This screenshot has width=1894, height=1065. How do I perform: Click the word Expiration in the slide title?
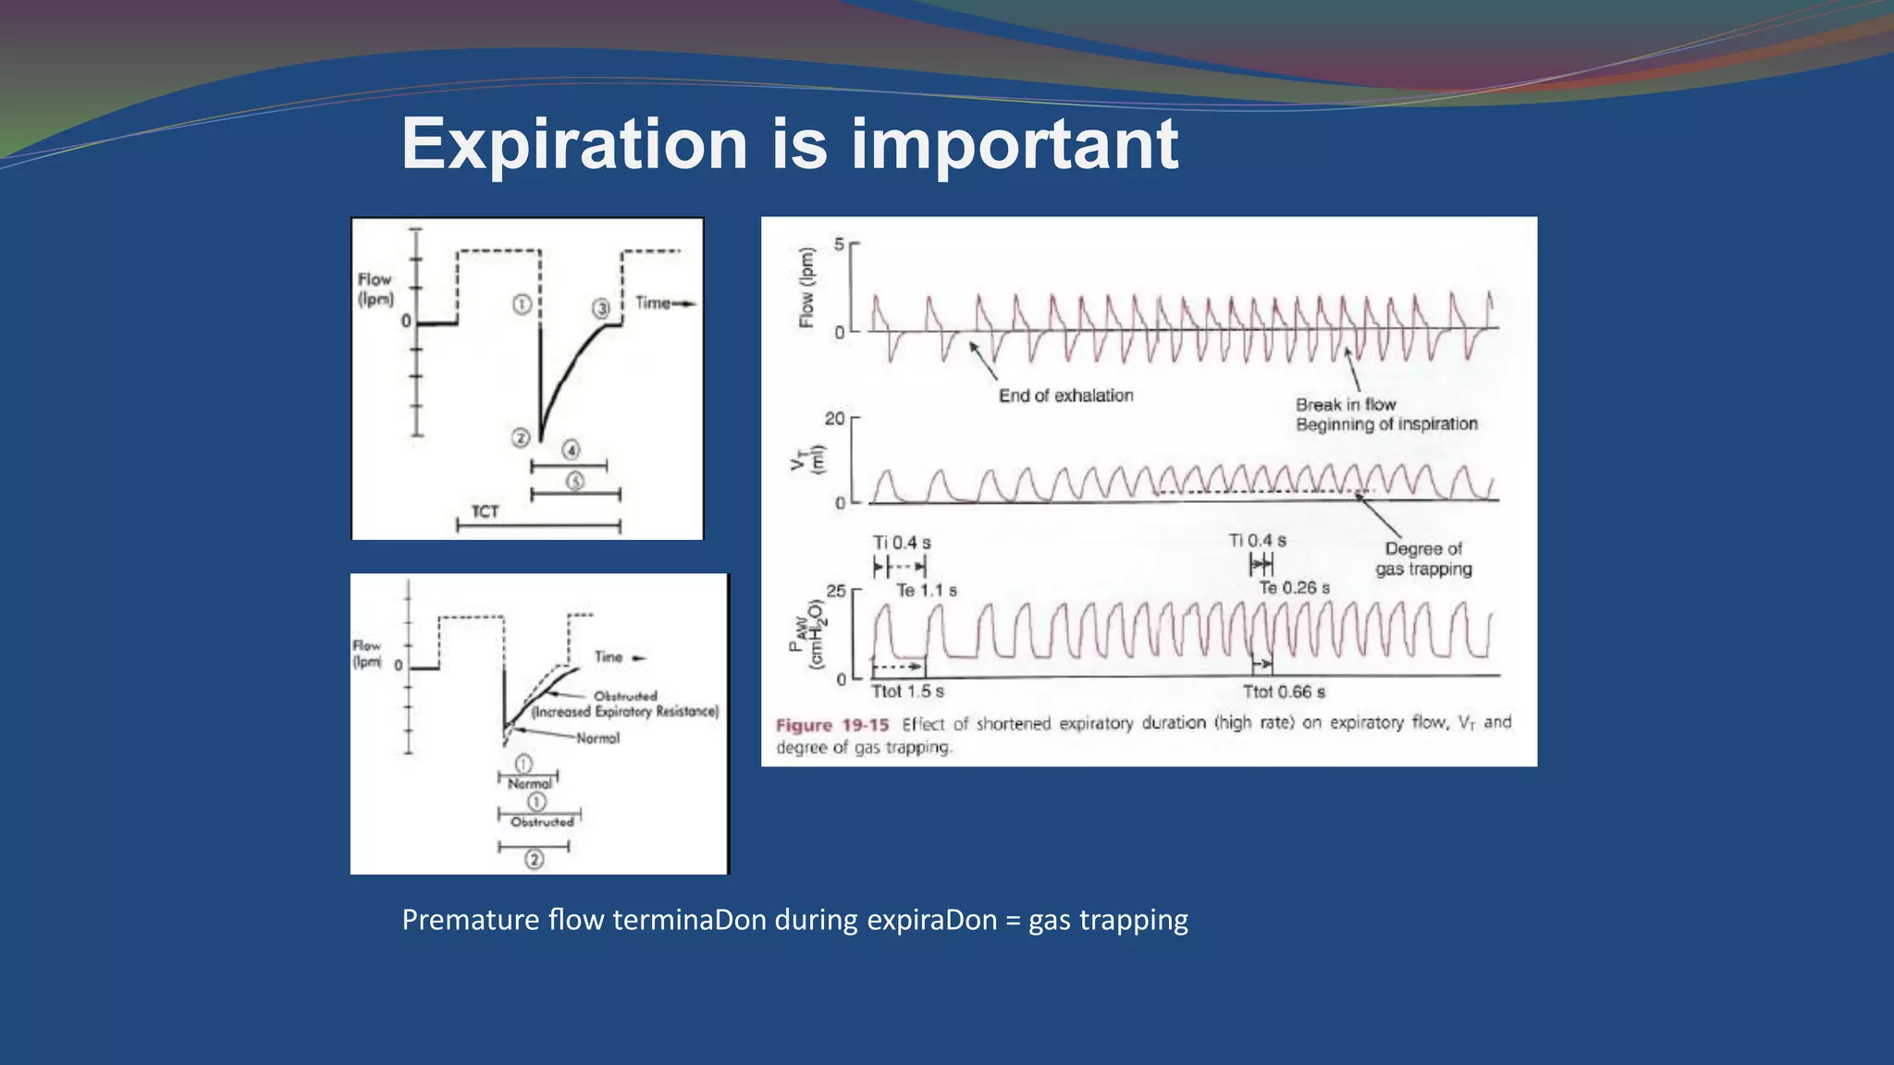click(x=574, y=144)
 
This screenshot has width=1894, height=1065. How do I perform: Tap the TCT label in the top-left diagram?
click(x=485, y=511)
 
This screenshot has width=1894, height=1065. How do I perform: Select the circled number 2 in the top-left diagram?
click(x=521, y=438)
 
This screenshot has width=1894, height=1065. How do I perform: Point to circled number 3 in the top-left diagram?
click(x=601, y=308)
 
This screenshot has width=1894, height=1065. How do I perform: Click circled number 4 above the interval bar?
click(x=571, y=450)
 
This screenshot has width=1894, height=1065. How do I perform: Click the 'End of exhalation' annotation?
click(x=1065, y=396)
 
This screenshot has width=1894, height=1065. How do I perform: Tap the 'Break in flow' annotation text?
click(x=1346, y=405)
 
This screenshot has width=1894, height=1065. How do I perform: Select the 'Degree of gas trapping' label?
click(x=1423, y=558)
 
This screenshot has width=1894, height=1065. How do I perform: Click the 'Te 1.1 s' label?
click(x=927, y=590)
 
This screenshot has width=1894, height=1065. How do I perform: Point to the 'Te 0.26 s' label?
click(x=1294, y=588)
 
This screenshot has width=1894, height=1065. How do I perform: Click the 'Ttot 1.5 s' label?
click(x=907, y=692)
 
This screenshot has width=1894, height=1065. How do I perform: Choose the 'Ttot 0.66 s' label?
click(x=1284, y=692)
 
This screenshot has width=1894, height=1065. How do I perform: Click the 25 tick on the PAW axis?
click(x=835, y=591)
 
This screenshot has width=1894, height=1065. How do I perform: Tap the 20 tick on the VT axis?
click(x=834, y=419)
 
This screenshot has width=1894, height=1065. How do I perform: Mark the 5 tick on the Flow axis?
click(x=839, y=244)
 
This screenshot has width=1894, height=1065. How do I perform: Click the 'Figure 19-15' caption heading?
click(x=831, y=725)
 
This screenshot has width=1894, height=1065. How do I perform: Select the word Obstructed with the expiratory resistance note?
click(x=625, y=696)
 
